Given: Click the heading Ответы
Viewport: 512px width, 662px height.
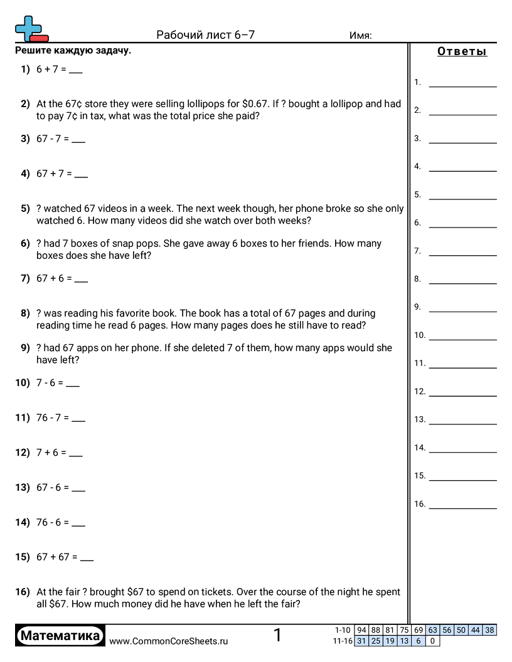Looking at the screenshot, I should click(462, 52).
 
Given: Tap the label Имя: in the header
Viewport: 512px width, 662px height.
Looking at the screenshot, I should click(360, 35).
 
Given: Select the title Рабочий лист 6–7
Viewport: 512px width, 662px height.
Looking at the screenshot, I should click(205, 35).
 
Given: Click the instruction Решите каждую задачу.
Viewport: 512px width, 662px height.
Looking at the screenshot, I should click(73, 51).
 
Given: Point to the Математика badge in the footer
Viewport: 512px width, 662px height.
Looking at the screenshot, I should click(60, 636).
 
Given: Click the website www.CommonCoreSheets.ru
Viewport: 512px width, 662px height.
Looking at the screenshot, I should click(168, 641).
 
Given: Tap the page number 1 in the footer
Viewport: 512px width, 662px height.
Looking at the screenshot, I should click(277, 636).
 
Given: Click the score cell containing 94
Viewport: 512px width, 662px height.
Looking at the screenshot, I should click(361, 630).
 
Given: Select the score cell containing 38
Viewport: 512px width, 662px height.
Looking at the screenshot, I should click(489, 630).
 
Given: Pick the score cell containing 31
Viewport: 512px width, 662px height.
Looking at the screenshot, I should click(361, 641).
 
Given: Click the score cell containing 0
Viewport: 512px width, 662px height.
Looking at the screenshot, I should click(432, 641).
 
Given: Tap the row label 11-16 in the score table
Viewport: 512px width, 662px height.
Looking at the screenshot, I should click(342, 641).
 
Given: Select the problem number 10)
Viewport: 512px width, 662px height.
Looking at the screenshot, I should click(23, 382).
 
